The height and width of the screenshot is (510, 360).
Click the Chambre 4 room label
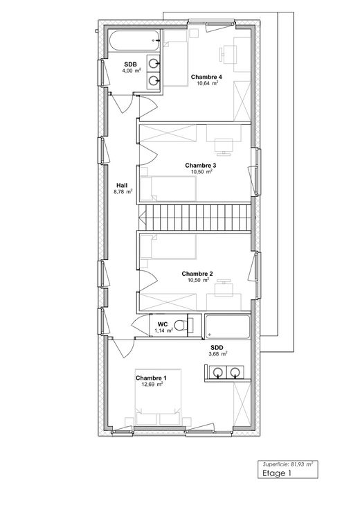coord(206,77)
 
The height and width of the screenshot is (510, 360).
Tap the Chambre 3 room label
coord(201,166)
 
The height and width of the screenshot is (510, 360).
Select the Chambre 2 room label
coord(197,274)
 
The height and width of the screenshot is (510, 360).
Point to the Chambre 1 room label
coord(151,378)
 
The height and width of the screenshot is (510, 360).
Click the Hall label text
coord(122,186)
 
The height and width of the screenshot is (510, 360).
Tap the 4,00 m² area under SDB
coord(132,71)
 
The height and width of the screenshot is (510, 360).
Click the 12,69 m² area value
coord(152,384)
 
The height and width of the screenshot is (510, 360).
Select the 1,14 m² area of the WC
coord(163,331)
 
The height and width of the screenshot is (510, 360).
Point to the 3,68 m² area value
coord(218,354)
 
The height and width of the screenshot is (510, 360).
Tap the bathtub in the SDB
coord(134,41)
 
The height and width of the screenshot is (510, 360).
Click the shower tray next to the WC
coord(228,326)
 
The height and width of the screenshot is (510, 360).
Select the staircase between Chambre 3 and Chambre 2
coord(195,218)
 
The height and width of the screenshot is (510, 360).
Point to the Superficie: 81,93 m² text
coord(287,464)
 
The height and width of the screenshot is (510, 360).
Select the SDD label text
coord(217,348)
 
